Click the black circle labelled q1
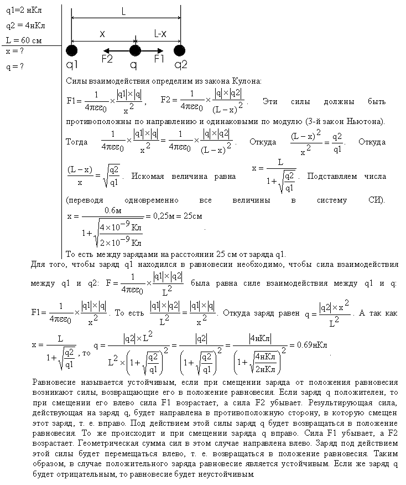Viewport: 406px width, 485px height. pyautogui.click(x=71, y=51)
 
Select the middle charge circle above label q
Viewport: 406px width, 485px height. pyautogui.click(x=134, y=51)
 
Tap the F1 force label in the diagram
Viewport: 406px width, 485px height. pyautogui.click(x=159, y=59)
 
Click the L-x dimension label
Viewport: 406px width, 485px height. pyautogui.click(x=160, y=34)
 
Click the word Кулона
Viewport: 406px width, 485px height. pyautogui.click(x=247, y=81)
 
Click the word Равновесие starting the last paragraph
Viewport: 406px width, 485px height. pyautogui.click(x=54, y=383)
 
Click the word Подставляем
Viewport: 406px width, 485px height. pyautogui.click(x=332, y=176)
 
